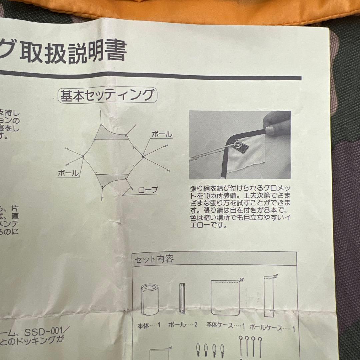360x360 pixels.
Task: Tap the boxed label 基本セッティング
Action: pyautogui.click(x=107, y=96)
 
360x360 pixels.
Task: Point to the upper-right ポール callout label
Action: pyautogui.click(x=162, y=134)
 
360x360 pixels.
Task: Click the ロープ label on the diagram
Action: pyautogui.click(x=148, y=190)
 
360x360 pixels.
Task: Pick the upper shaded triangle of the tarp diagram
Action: pyautogui.click(x=110, y=135)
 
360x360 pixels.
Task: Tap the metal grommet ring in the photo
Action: pyautogui.click(x=239, y=145)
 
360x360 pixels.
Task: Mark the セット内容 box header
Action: pyautogui.click(x=154, y=259)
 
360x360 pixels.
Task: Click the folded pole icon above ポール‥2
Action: pyautogui.click(x=182, y=298)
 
